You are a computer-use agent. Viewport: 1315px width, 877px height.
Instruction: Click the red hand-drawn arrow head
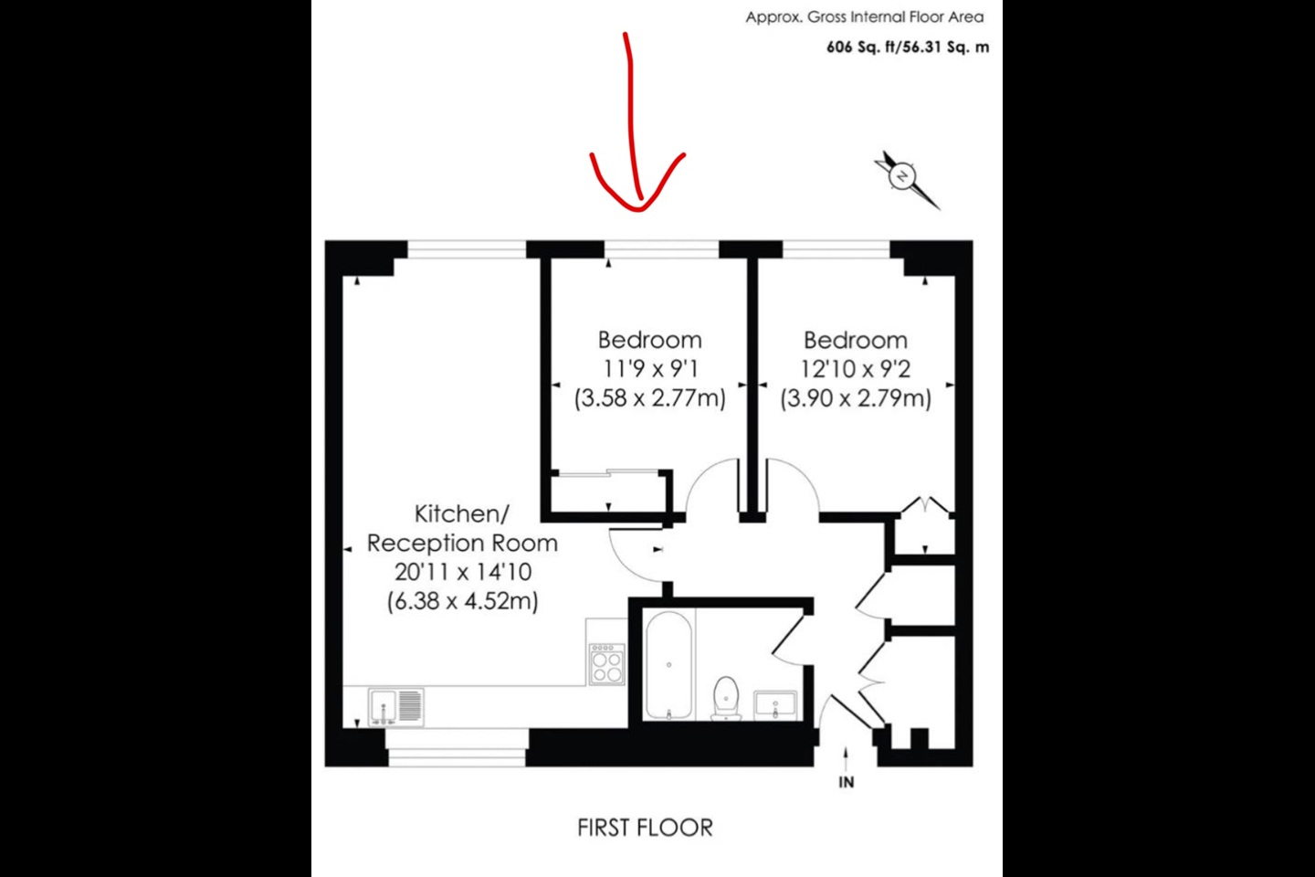pos(637,196)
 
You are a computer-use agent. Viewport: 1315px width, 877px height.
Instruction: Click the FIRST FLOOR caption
pos(645,828)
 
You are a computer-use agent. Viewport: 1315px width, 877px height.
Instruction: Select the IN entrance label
pos(847,782)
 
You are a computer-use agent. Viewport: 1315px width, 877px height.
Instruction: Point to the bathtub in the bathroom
pos(669,664)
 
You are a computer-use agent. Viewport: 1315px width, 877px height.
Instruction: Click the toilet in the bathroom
pos(726,697)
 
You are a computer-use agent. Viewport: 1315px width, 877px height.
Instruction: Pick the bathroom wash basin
pos(775,704)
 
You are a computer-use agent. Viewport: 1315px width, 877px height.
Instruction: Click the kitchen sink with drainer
pos(396,707)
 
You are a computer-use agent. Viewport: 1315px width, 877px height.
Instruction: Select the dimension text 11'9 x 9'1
pos(650,369)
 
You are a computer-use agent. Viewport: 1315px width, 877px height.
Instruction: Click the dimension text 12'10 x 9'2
pos(856,369)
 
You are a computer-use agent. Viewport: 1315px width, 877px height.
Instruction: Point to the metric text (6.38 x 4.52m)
pos(463,601)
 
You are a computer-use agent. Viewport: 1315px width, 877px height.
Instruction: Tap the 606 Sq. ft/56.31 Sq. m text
pos(908,48)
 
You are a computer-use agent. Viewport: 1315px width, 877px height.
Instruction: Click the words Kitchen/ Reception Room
pos(462,528)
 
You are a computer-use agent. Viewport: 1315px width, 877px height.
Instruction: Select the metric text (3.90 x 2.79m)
pos(856,398)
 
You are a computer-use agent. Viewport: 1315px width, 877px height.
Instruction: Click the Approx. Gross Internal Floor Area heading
pos(865,16)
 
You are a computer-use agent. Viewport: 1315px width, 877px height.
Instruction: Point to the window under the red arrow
pos(661,248)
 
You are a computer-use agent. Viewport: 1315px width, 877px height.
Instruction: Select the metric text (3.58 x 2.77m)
pos(650,398)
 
